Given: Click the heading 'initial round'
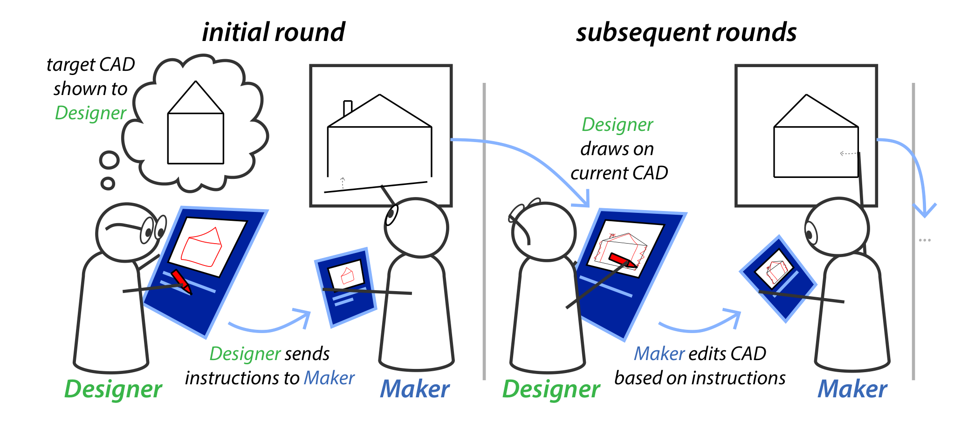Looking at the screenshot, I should [274, 33].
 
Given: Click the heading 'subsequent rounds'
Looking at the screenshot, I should [686, 33].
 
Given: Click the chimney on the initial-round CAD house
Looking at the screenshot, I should [347, 108].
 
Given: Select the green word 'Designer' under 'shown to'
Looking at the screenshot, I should [90, 113].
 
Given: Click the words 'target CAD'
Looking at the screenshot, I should [91, 65].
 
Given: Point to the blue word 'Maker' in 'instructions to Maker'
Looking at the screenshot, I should [329, 378].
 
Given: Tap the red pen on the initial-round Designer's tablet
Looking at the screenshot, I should [181, 281].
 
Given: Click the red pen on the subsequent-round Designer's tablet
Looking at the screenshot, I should [622, 260].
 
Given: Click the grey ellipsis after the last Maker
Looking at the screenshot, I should [925, 240].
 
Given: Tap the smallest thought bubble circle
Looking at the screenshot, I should [108, 183].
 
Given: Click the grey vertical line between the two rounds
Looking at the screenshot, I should [484, 233].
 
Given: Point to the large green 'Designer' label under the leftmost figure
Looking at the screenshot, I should [113, 389].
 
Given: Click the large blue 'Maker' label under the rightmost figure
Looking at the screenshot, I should [852, 389].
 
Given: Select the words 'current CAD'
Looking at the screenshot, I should [619, 173].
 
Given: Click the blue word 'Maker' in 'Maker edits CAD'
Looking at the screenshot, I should [659, 354].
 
